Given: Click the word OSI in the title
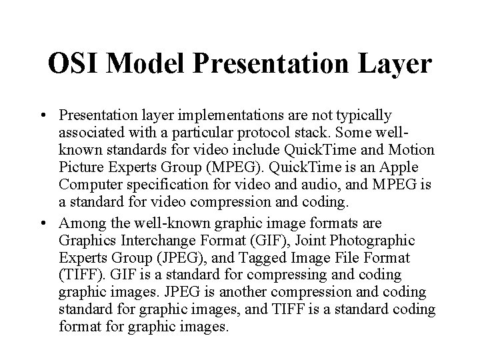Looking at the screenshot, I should pyautogui.click(x=75, y=64).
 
